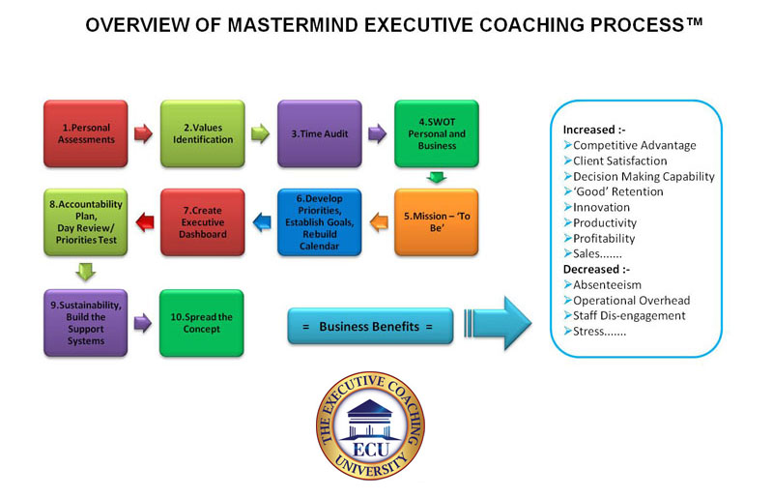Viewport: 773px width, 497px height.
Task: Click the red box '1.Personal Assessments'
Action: tap(86, 133)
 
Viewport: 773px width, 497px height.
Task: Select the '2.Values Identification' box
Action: tap(203, 133)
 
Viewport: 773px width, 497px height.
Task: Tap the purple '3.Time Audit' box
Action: tap(320, 133)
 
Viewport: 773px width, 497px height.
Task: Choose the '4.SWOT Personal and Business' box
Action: tap(437, 133)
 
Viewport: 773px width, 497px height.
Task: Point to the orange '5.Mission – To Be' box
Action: tap(437, 222)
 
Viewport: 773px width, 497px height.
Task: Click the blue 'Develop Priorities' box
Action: tap(320, 222)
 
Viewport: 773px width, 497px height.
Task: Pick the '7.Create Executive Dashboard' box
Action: tap(203, 222)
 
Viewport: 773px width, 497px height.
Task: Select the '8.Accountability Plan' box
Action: tap(86, 222)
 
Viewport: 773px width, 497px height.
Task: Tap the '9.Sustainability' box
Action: tap(86, 323)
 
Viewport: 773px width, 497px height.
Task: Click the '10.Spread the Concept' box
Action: tap(202, 323)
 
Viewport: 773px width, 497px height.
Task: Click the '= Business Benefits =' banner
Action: tap(370, 326)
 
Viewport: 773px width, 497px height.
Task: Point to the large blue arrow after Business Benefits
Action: tap(498, 323)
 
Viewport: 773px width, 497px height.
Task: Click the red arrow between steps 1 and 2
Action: tap(143, 133)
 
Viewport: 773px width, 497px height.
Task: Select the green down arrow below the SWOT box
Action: tap(437, 177)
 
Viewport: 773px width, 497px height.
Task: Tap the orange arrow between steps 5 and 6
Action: tap(379, 222)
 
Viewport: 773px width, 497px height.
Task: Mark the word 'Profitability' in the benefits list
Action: tap(604, 239)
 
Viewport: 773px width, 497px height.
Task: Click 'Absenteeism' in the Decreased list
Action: tap(608, 285)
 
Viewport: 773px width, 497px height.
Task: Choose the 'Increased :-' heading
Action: tap(594, 130)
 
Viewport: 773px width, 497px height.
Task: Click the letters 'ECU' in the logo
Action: tap(371, 450)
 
